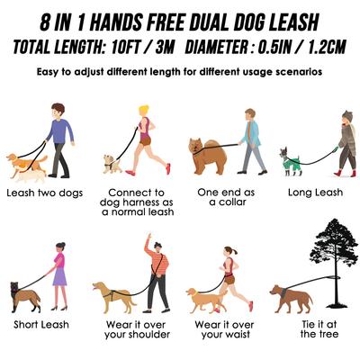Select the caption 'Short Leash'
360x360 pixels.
[x=41, y=323]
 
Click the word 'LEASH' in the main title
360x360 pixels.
[x=292, y=19]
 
